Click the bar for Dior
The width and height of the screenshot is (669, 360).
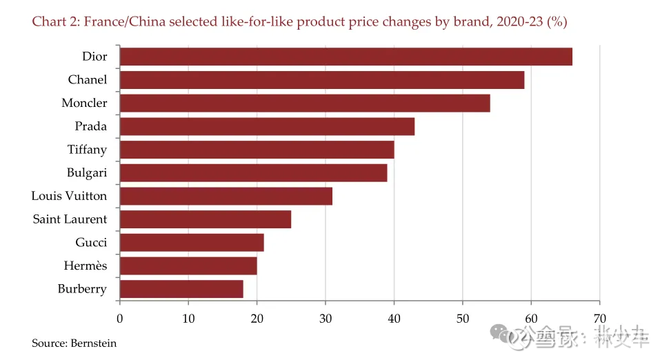click(x=346, y=57)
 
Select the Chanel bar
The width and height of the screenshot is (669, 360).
click(x=321, y=80)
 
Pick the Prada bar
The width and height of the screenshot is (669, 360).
click(x=267, y=127)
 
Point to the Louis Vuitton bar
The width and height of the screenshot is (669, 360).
click(x=226, y=196)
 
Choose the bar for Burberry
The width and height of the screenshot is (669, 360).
click(x=181, y=289)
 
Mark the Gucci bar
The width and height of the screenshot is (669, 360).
click(x=192, y=243)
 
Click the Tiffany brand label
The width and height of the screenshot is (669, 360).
click(x=87, y=150)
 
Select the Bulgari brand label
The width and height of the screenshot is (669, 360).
click(x=87, y=173)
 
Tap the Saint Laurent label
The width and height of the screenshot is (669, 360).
click(x=70, y=219)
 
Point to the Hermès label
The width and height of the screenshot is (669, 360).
click(x=86, y=266)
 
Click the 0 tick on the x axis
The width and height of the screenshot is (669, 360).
click(x=120, y=319)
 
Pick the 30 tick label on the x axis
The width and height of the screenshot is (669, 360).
click(x=326, y=319)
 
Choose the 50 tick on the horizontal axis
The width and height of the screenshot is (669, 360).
click(x=462, y=319)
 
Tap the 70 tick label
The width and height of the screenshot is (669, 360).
click(x=599, y=319)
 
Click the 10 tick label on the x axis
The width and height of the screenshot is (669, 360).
click(x=188, y=319)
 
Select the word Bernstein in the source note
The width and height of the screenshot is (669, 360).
click(x=94, y=343)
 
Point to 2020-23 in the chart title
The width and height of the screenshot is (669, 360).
click(x=512, y=22)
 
